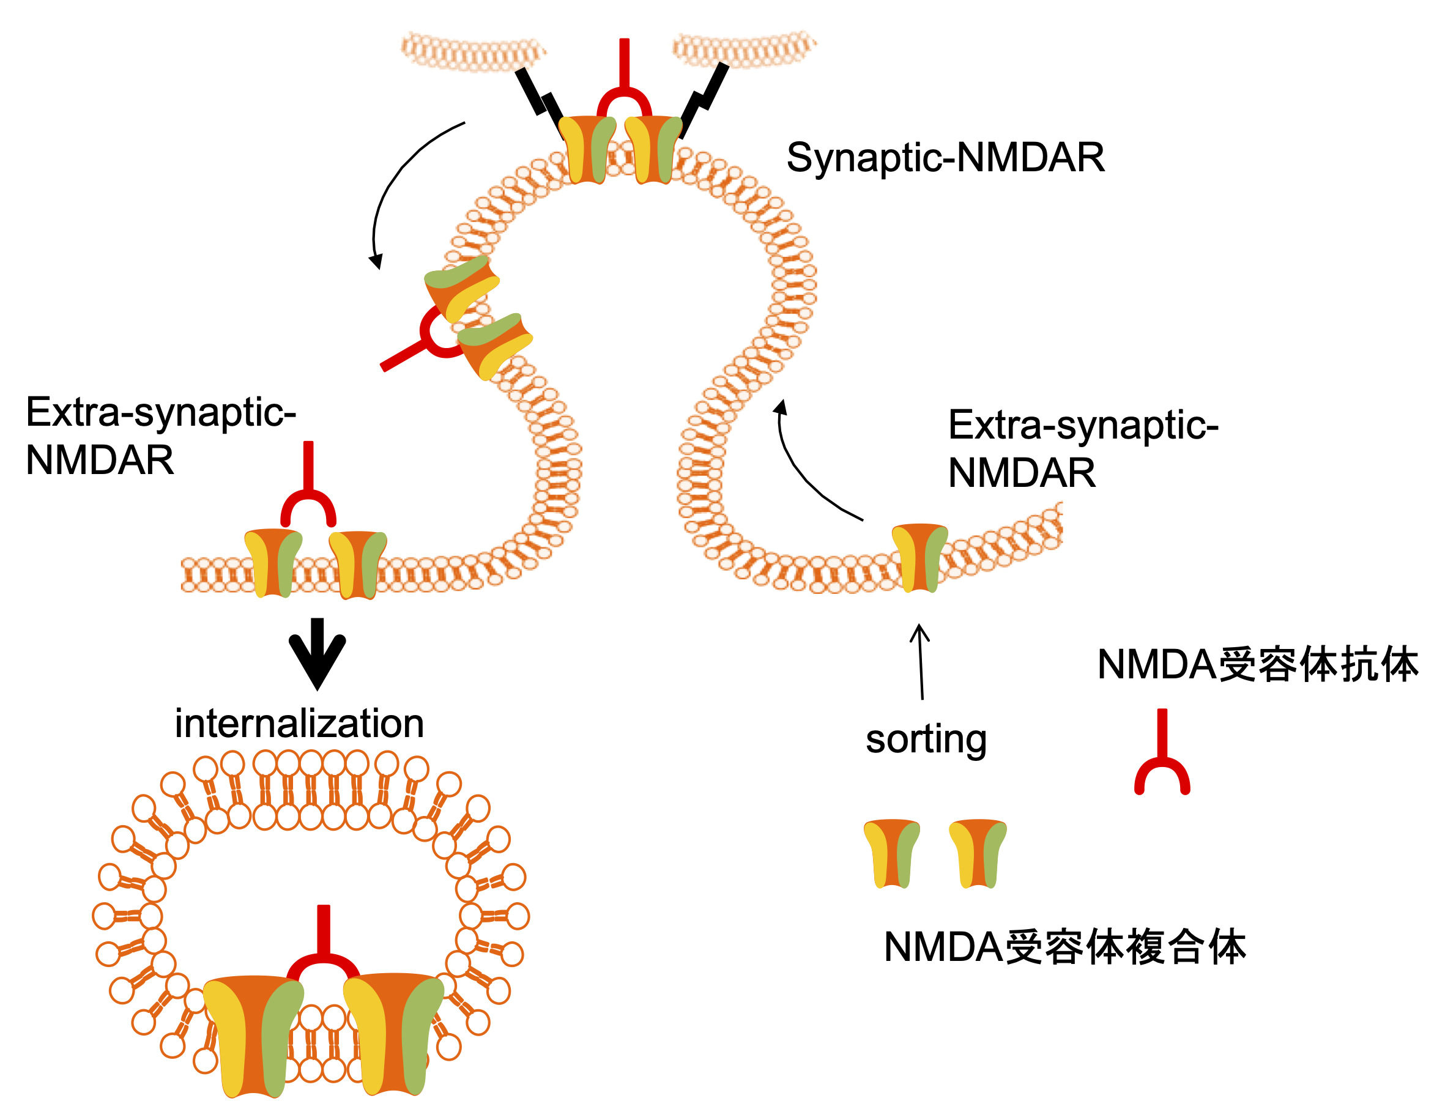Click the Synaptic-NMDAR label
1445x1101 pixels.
[x=945, y=158]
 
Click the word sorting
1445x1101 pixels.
[x=926, y=740]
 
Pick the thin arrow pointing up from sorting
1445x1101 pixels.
[x=921, y=661]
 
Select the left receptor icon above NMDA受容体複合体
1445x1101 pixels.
[x=891, y=853]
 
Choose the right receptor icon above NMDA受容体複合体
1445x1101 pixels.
[x=978, y=853]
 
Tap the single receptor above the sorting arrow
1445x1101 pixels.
[x=920, y=558]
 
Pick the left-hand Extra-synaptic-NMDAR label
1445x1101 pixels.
[x=160, y=436]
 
